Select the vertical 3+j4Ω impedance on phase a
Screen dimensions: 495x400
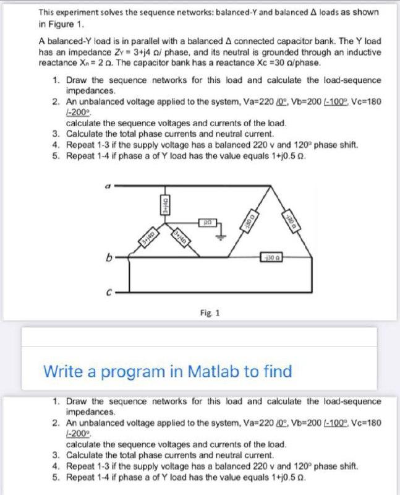coord(166,202)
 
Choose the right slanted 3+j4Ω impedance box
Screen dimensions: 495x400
coord(180,236)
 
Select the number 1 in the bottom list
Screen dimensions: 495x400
coord(56,401)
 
